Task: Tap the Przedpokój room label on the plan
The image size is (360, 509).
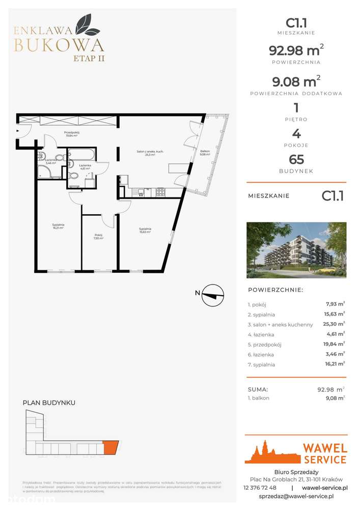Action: pyautogui.click(x=71, y=134)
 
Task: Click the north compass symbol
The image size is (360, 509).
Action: pyautogui.click(x=213, y=295)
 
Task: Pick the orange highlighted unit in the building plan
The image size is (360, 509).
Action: pyautogui.click(x=110, y=447)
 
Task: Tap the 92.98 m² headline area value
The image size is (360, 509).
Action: pyautogui.click(x=296, y=50)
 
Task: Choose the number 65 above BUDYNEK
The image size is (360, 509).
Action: pyautogui.click(x=296, y=159)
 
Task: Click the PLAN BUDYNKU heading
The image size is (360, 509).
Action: pyautogui.click(x=49, y=403)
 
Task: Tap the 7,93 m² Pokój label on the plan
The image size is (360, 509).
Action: pyautogui.click(x=99, y=237)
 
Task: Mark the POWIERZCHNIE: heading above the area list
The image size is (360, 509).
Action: pyautogui.click(x=275, y=290)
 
